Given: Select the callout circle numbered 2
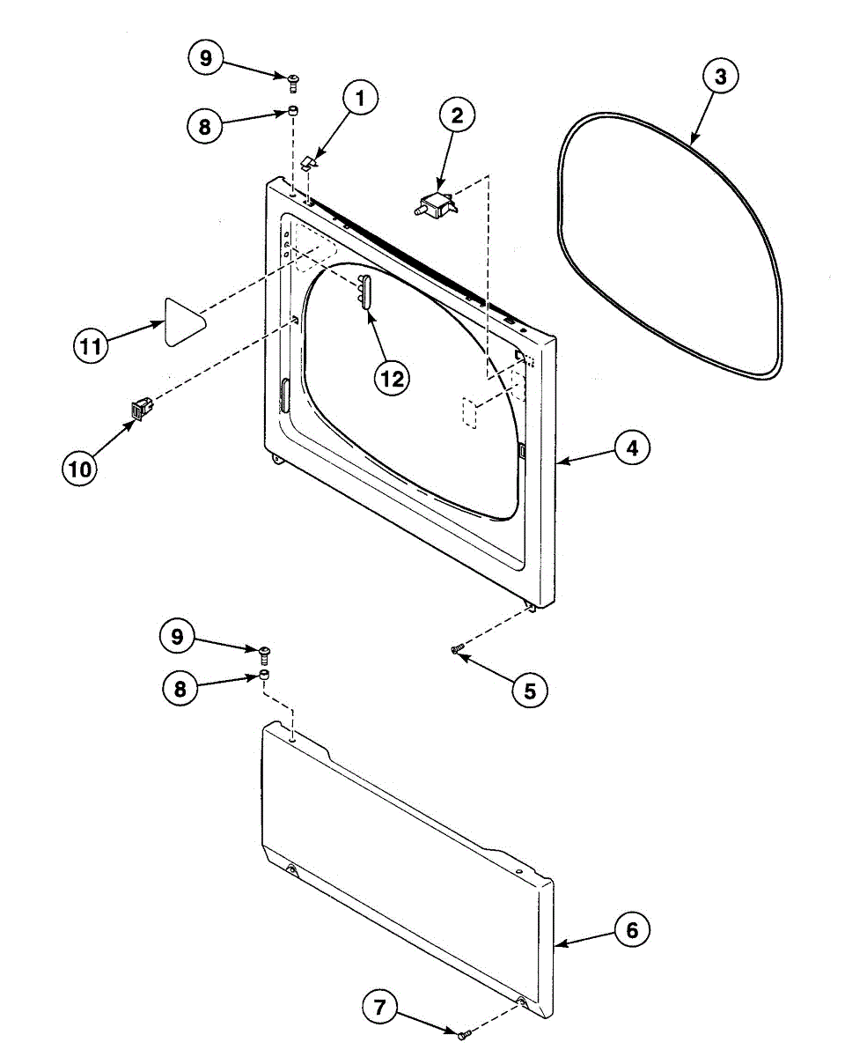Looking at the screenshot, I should [457, 115].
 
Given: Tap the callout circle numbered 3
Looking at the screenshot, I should [720, 77].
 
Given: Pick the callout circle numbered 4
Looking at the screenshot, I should [631, 447].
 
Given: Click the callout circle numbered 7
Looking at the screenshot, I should [379, 1008].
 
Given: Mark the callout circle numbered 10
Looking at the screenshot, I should [80, 469].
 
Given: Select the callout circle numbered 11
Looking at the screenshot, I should [89, 346].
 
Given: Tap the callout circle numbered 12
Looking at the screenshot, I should [391, 378].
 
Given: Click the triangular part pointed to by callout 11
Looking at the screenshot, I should [183, 322].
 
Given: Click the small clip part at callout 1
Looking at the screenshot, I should [309, 161].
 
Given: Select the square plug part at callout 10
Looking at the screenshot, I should [141, 408].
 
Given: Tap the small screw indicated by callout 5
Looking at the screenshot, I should [456, 649].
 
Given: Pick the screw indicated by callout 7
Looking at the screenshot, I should [463, 1032].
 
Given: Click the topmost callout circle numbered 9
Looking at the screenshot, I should [205, 59].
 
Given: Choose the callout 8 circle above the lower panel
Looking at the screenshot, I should [180, 688].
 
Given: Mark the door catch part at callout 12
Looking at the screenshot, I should [364, 291].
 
